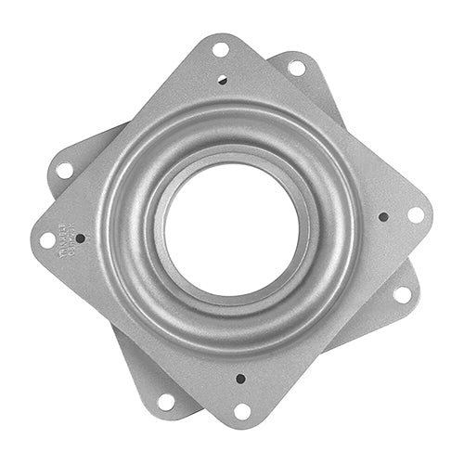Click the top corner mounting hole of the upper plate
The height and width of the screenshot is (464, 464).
(x=221, y=49)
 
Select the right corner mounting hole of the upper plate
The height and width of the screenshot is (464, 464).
(x=415, y=214)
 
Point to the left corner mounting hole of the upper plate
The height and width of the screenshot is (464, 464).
(x=47, y=239)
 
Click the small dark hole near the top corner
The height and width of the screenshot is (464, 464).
(x=222, y=80)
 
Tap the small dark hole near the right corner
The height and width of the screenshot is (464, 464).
(x=383, y=216)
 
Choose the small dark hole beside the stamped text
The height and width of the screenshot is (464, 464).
(x=80, y=238)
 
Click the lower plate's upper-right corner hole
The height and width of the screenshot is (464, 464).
(x=297, y=67)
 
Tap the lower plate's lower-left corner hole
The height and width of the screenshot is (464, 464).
(x=167, y=401)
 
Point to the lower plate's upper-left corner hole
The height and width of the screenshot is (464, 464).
(x=63, y=171)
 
